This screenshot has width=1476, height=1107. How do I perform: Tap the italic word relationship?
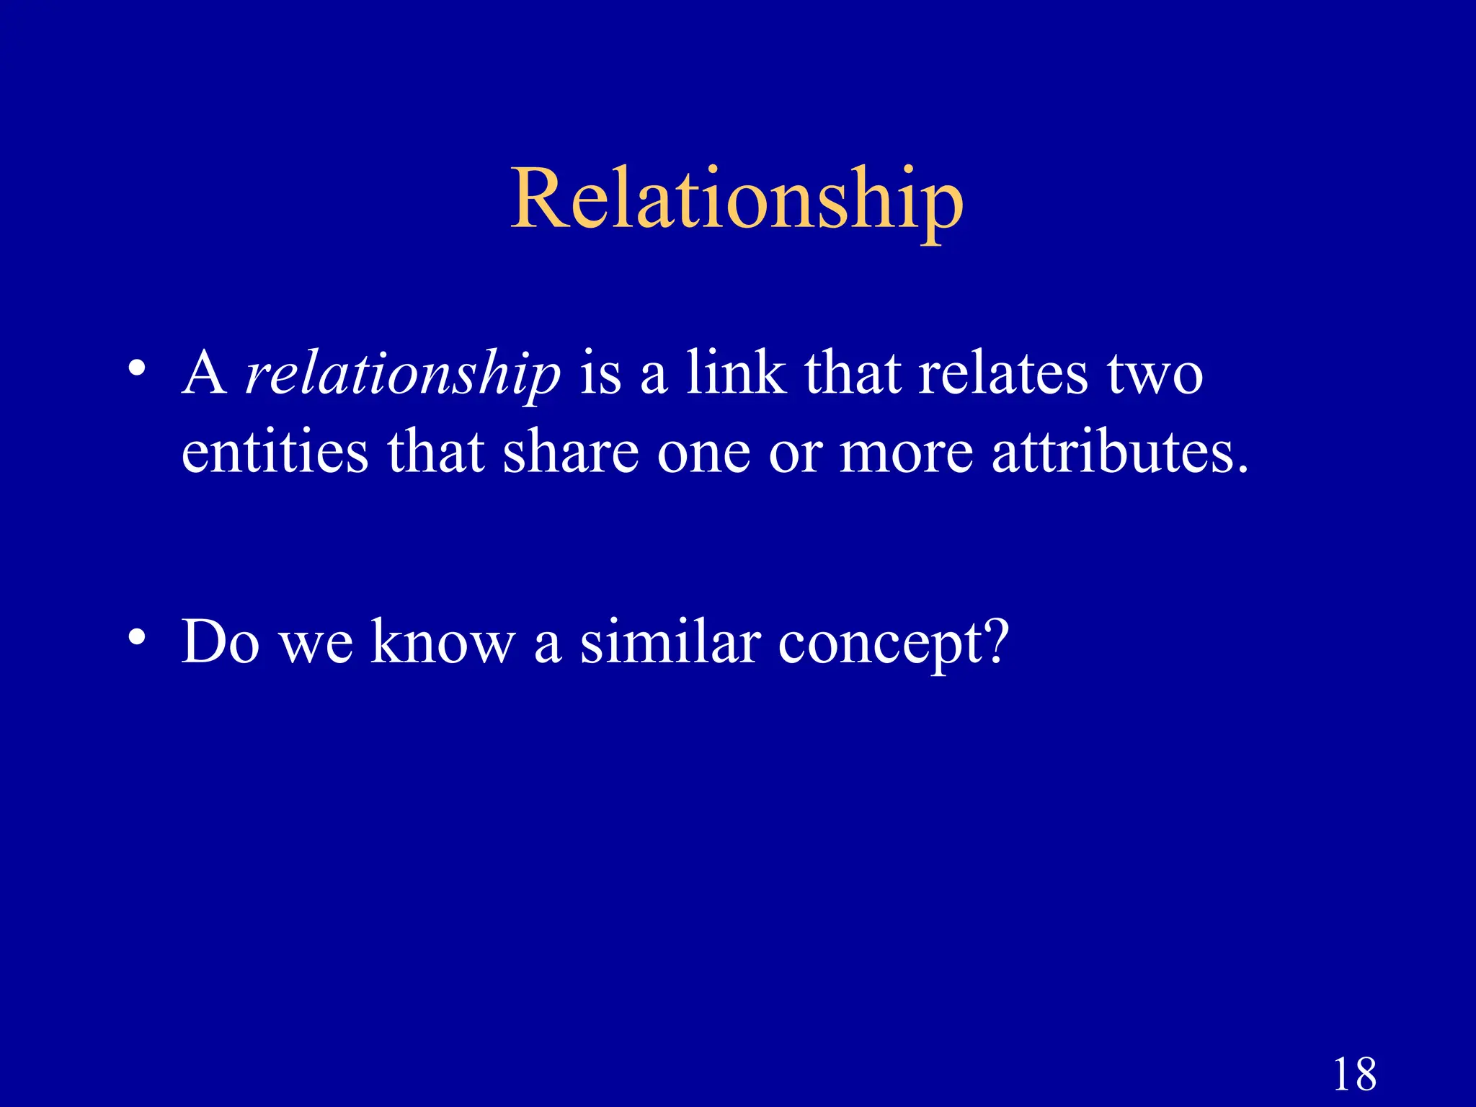[402, 375]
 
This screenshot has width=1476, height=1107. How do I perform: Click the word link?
[735, 373]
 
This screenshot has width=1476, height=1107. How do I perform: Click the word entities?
[274, 453]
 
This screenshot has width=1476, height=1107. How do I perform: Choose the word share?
[570, 453]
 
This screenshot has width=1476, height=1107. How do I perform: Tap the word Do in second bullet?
[220, 641]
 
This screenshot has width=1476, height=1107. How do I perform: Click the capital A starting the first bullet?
[204, 373]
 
